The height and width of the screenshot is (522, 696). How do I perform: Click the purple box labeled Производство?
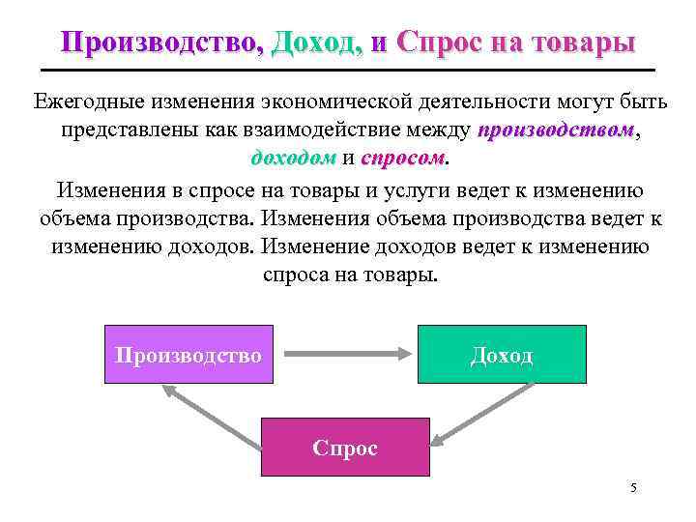tap(188, 355)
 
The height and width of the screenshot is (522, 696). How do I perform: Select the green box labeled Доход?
tap(502, 355)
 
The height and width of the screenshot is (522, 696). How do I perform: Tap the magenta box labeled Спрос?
tap(345, 448)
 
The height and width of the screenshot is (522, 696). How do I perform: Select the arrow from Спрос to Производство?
tap(213, 416)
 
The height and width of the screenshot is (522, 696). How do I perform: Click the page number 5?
tap(633, 487)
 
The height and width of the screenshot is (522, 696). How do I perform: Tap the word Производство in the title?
tap(159, 43)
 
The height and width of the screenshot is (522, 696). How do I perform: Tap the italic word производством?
tap(556, 130)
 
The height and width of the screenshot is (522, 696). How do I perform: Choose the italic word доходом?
tap(293, 158)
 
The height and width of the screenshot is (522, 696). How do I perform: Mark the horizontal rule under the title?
tap(348, 72)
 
